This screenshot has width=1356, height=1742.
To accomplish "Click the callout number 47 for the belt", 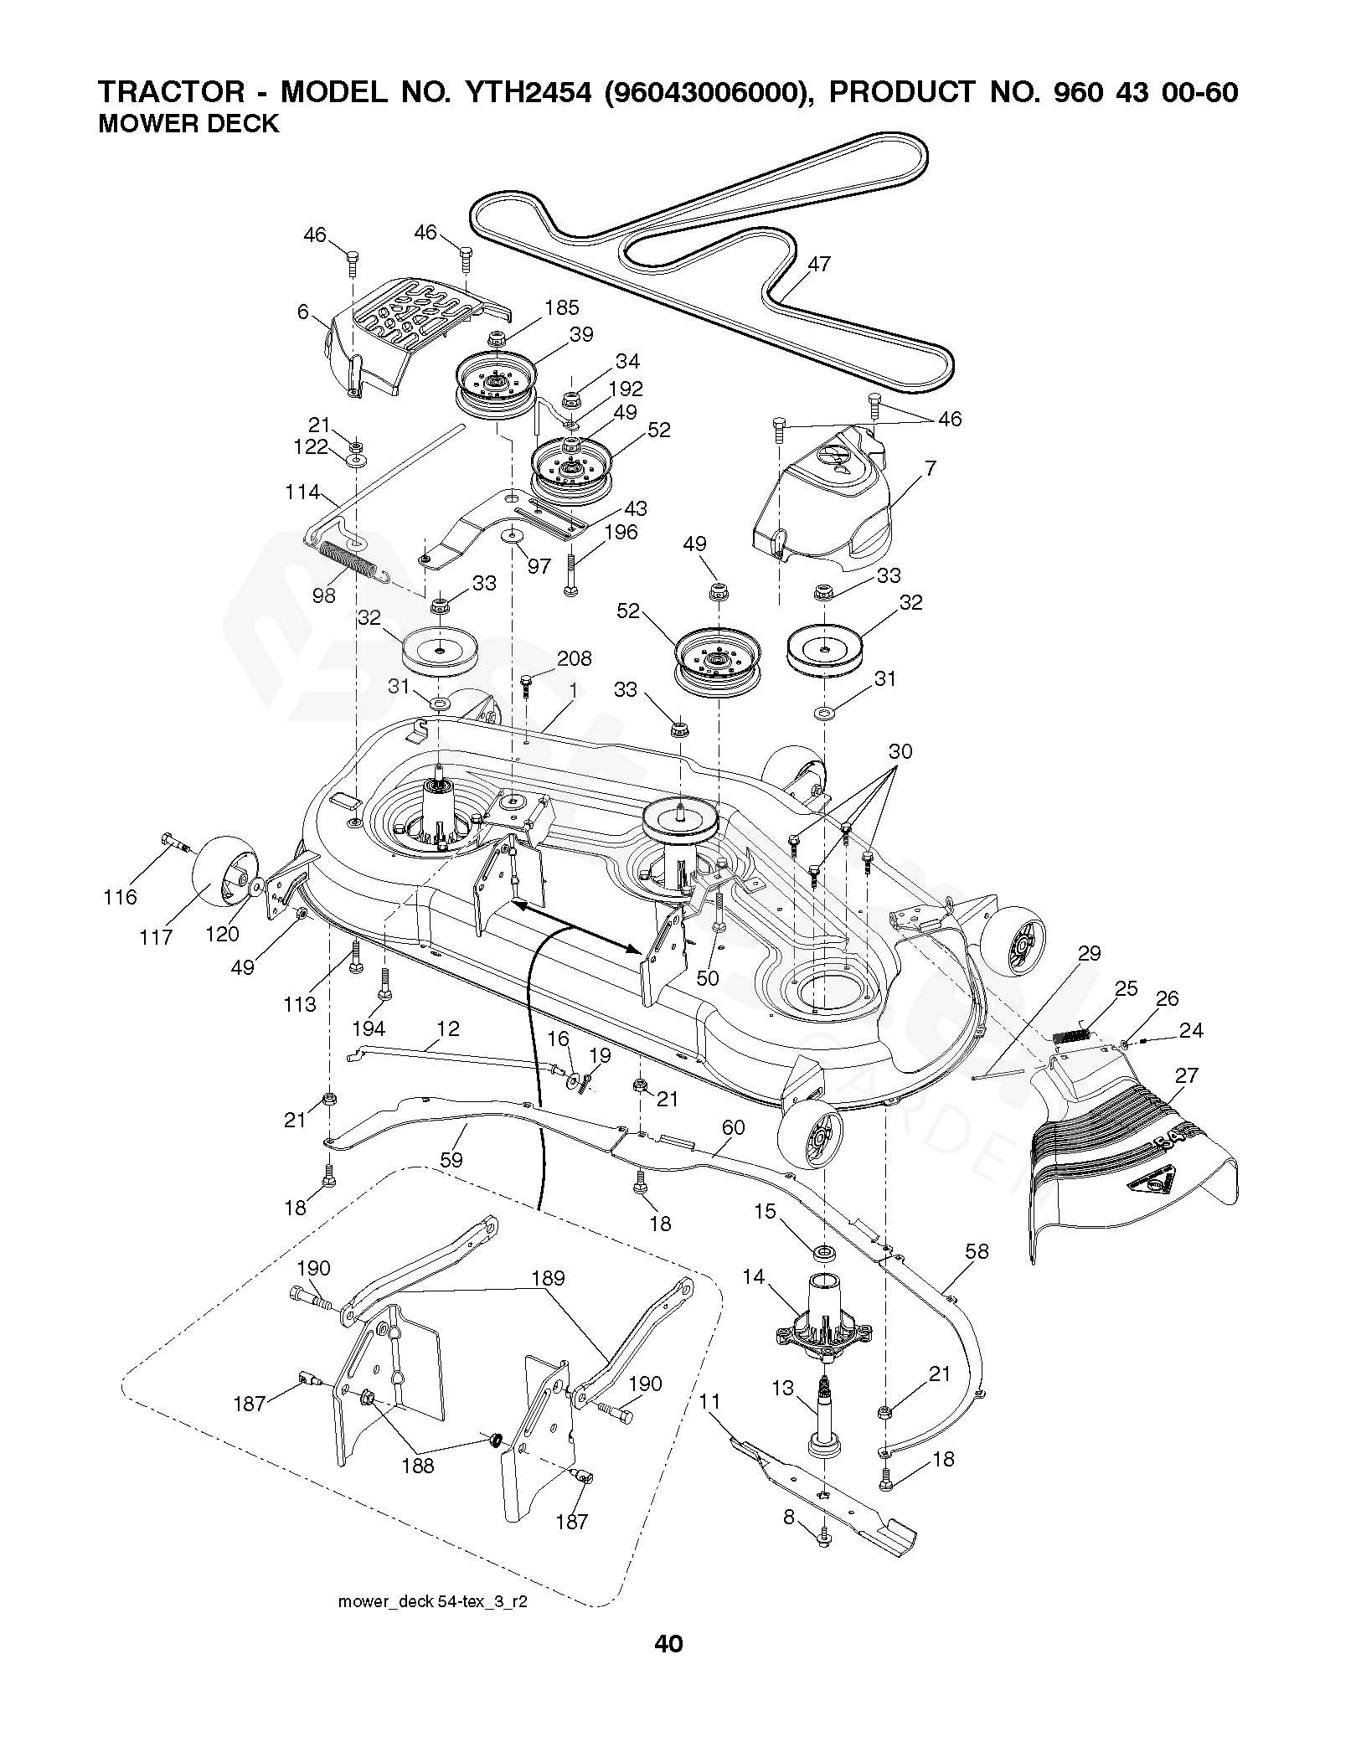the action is click(818, 264).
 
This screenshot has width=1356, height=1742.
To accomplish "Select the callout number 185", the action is click(561, 308).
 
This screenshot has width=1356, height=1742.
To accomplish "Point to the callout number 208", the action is click(575, 658).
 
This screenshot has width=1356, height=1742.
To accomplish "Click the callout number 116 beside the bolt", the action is click(120, 898).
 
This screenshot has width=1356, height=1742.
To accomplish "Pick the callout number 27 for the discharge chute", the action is click(1187, 1075).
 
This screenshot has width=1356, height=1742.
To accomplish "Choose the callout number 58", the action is click(977, 1251).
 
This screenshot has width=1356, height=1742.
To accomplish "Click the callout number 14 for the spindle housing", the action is click(754, 1276).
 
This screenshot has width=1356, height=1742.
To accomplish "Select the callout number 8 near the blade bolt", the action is click(789, 1541).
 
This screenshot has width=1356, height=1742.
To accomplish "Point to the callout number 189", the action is click(548, 1278).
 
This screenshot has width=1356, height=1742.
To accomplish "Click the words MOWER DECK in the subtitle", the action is click(188, 124).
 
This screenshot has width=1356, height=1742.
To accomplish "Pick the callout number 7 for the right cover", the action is click(930, 468).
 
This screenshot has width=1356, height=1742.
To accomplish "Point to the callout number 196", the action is click(621, 533).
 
